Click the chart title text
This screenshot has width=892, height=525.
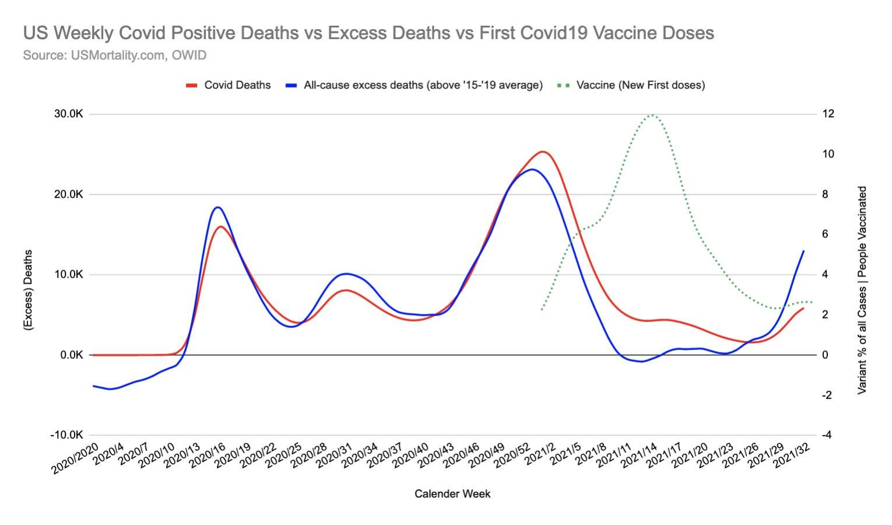[368, 33]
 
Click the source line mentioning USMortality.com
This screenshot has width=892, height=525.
[115, 55]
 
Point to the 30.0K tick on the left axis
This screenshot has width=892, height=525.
[69, 114]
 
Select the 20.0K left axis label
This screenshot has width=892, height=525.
[69, 194]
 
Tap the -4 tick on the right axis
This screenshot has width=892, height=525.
[827, 435]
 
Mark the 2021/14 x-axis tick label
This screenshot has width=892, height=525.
[639, 459]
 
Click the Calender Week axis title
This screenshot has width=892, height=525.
[452, 494]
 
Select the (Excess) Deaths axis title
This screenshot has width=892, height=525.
[28, 290]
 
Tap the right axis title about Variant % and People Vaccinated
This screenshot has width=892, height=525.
[862, 290]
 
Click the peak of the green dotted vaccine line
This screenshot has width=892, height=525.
[651, 115]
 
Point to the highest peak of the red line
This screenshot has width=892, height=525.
[542, 152]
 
